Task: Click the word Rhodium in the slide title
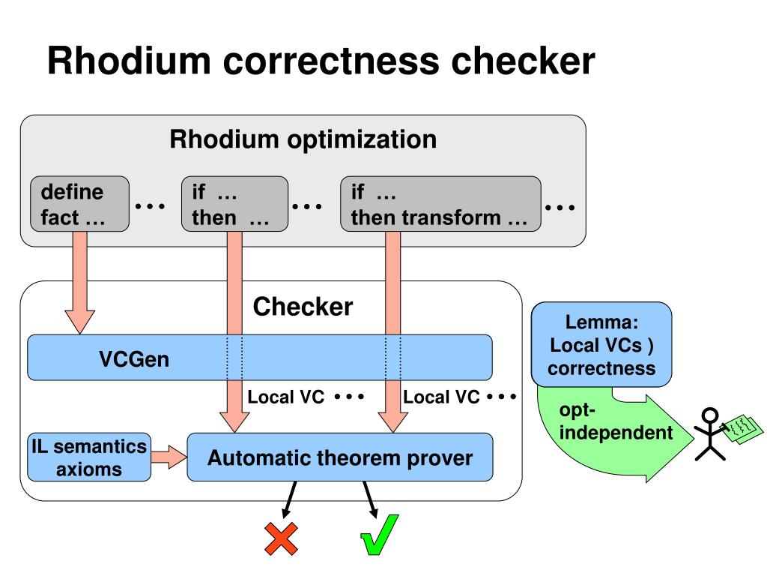pos(129,61)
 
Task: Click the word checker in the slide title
pos(523,61)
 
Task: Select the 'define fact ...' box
pos(79,204)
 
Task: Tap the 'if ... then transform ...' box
pos(440,204)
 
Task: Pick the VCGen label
pos(134,359)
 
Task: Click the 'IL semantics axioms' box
pos(89,457)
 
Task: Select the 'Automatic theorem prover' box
pos(340,457)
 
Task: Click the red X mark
pos(282,538)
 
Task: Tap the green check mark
pos(379,535)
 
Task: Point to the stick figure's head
pos(710,415)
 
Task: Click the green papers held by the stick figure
pos(743,430)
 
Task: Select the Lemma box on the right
pos(601,344)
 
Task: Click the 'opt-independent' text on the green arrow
pos(616,421)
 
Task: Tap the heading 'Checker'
pos(303,307)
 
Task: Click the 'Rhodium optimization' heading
pos(303,139)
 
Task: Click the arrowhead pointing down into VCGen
pos(79,322)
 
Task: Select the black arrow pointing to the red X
pos(289,499)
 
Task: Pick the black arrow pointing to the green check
pos(370,499)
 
